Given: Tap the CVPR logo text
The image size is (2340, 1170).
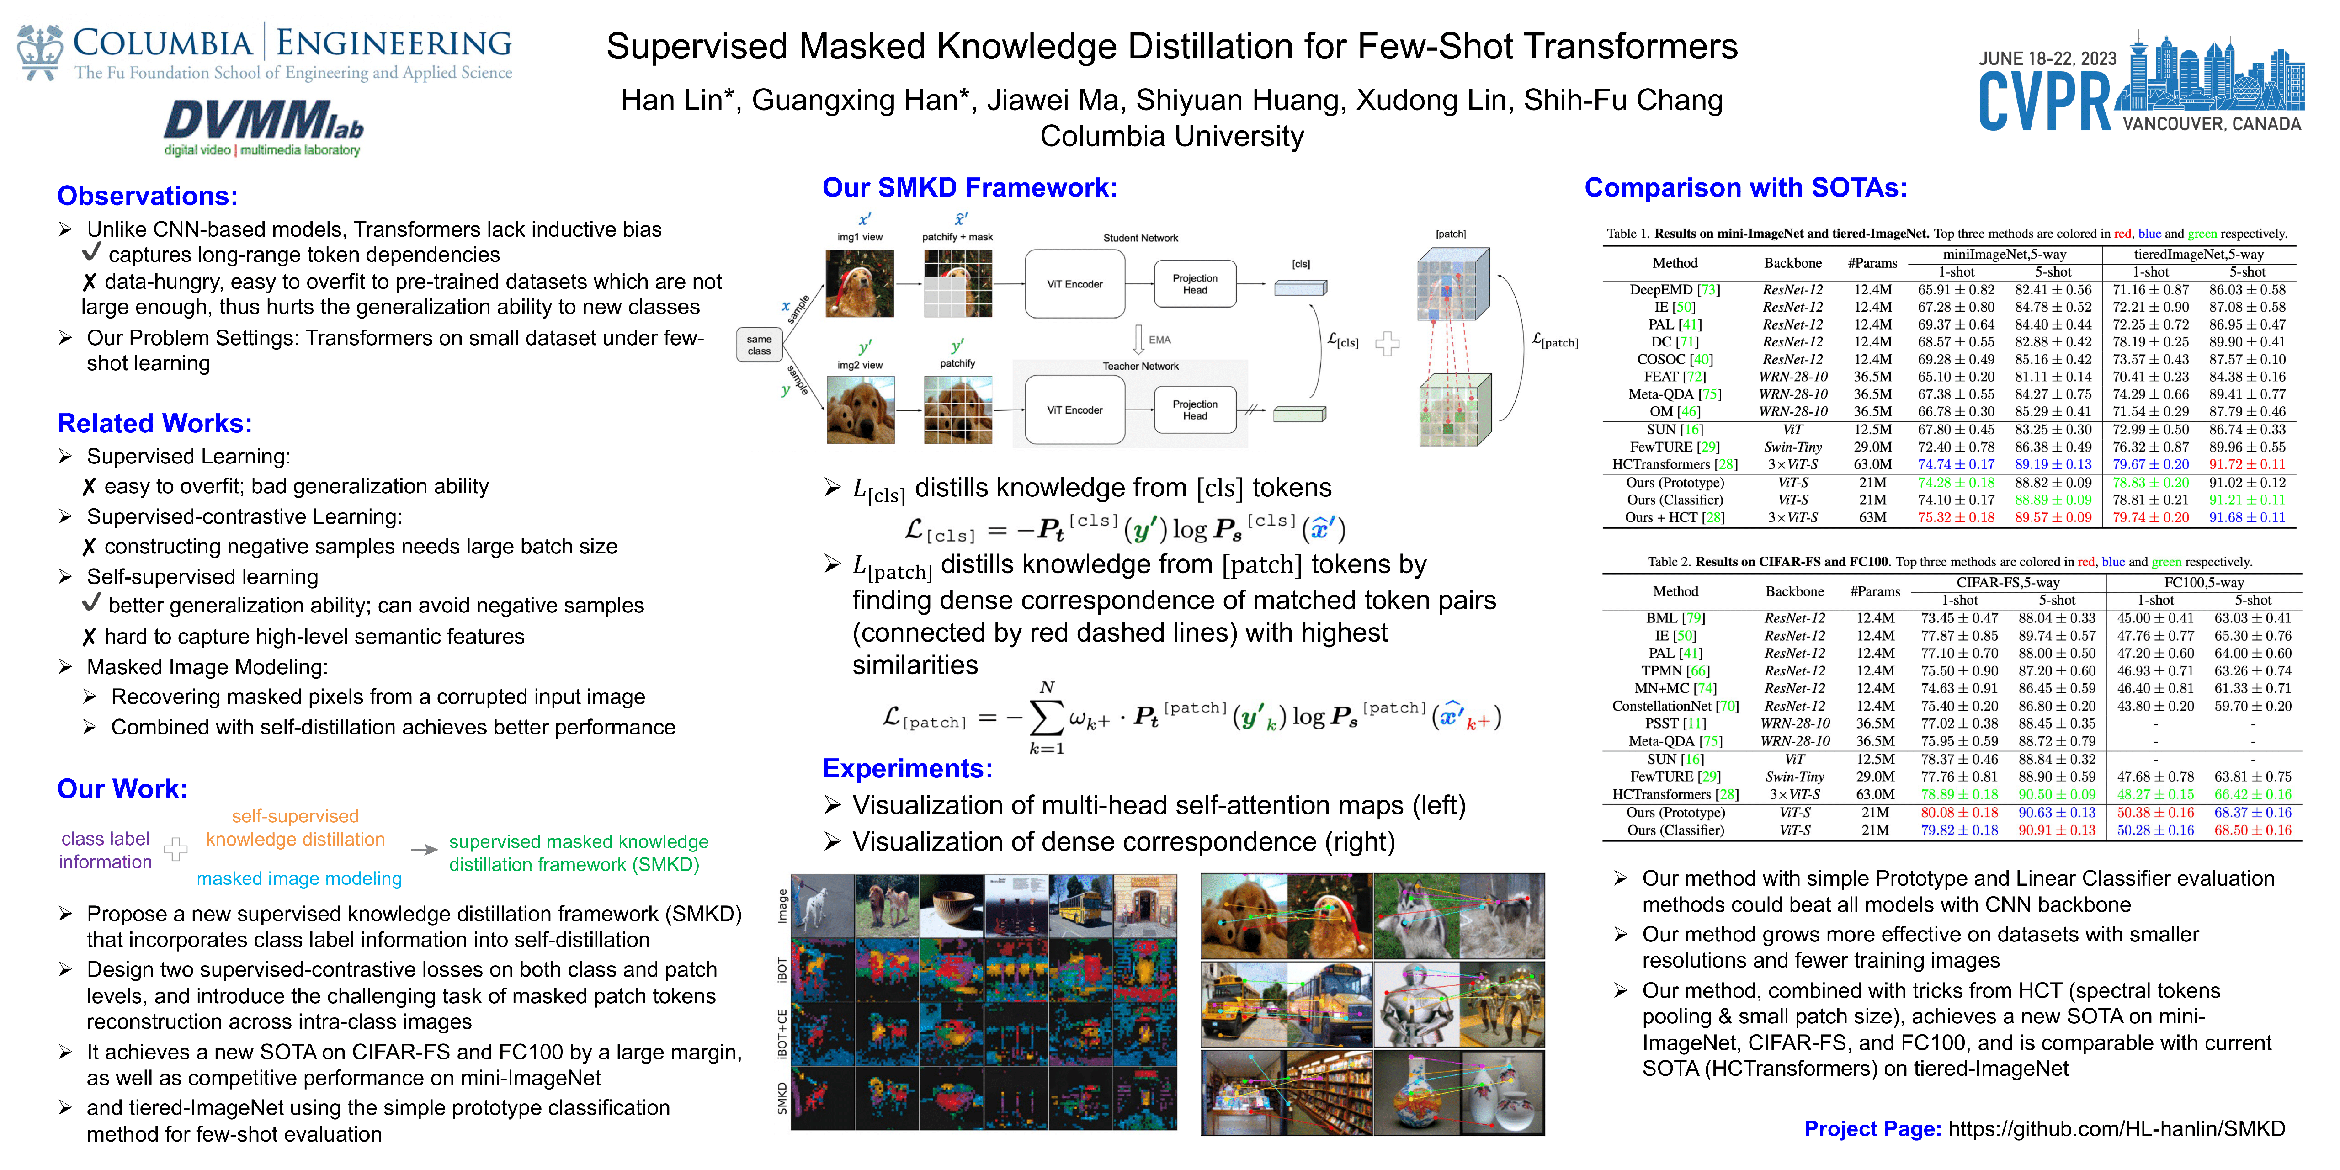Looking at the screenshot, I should [x=2044, y=102].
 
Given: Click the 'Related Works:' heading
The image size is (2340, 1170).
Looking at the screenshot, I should [x=154, y=423].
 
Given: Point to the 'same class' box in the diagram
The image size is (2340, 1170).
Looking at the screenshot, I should [x=760, y=345].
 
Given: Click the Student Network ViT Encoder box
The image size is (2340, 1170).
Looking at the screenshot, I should [x=1074, y=284].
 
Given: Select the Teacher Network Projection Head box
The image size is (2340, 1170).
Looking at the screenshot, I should [x=1195, y=409].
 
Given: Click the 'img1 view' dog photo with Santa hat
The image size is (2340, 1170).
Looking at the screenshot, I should [x=859, y=283].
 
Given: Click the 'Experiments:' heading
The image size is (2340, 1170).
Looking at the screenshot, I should [x=907, y=768].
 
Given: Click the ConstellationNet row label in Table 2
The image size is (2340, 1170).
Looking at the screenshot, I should [x=1674, y=706].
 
